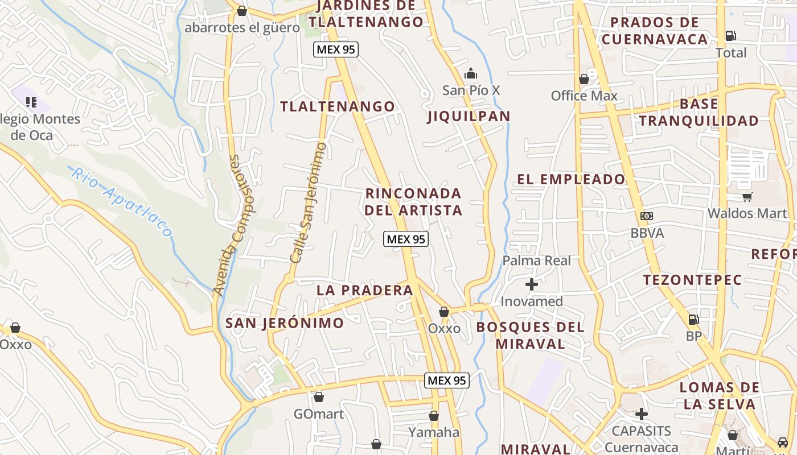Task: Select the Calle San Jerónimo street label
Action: coord(308,203)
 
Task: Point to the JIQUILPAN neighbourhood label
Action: coord(469,117)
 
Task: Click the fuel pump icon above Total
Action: coord(730,36)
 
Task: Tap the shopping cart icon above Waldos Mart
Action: coord(747,197)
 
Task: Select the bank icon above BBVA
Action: coord(646,216)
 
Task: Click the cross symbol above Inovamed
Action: coord(532,284)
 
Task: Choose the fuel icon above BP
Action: coord(693,320)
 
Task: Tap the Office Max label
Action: coord(584,96)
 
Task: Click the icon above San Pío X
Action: coord(471,74)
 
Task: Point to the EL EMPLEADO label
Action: coord(570,179)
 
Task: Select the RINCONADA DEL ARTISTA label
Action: coord(413,202)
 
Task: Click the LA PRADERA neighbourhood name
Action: coord(364,290)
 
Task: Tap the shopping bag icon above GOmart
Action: coord(319,397)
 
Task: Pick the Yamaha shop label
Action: coord(433,432)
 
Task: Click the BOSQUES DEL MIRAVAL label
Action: coord(530,336)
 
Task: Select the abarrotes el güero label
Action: coord(242,27)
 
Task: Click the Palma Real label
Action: coord(536,260)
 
